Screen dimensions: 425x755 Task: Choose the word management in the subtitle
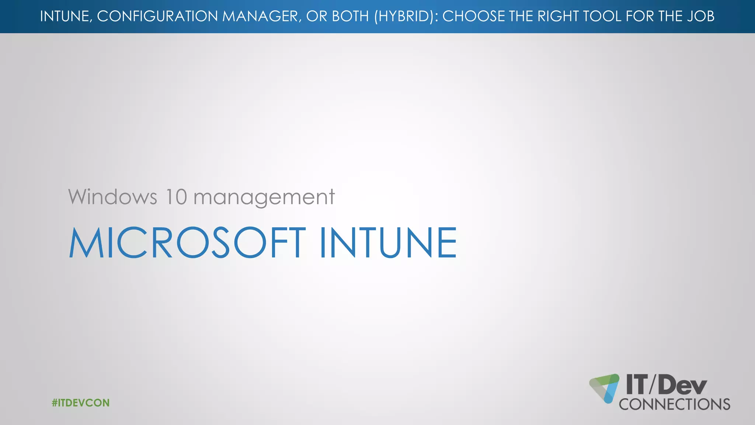click(x=264, y=197)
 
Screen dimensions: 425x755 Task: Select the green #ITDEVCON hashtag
click(x=81, y=402)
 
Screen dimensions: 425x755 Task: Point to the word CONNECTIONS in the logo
click(x=674, y=404)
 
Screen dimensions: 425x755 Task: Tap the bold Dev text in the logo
click(x=682, y=385)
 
